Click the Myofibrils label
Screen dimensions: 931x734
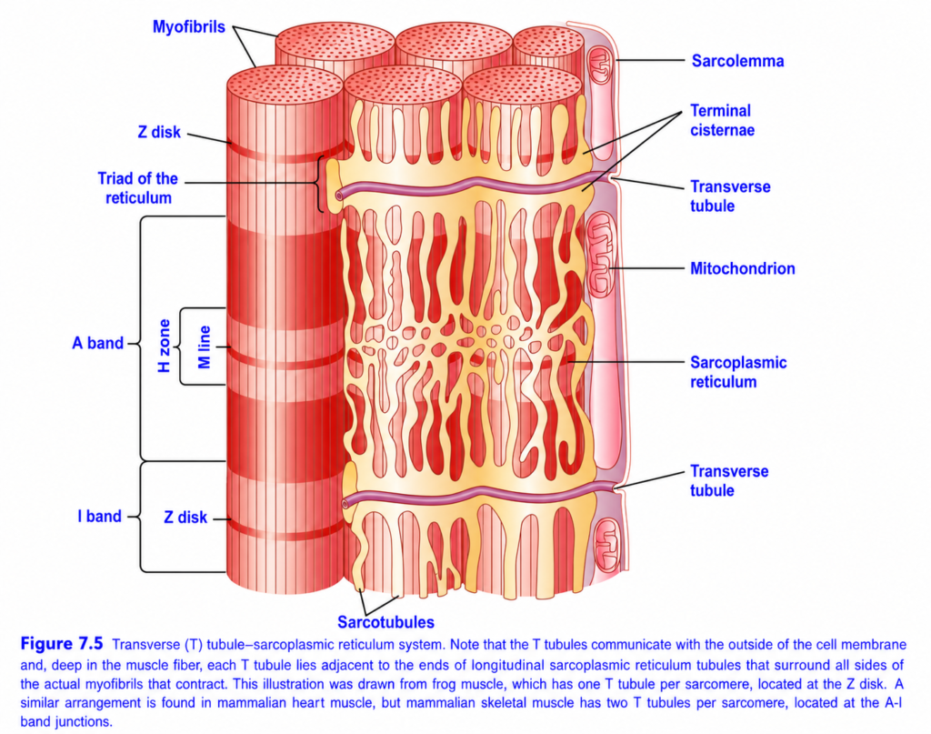point(189,27)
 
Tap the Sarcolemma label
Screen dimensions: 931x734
point(737,61)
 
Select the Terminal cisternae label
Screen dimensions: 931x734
point(722,121)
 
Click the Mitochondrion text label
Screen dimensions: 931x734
point(742,268)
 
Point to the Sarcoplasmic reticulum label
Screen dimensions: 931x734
point(738,372)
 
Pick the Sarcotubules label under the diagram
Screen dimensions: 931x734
point(385,622)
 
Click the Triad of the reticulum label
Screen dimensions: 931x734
point(138,188)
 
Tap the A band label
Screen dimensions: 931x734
point(98,343)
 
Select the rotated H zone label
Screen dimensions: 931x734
point(164,347)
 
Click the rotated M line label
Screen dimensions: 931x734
point(205,347)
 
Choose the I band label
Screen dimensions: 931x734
point(99,516)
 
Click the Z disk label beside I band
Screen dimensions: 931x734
point(185,518)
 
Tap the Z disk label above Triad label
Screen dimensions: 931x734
point(159,132)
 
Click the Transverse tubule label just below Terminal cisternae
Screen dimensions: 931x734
point(730,196)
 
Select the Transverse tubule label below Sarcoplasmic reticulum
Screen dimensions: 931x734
point(729,480)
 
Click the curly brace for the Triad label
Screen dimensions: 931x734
point(321,184)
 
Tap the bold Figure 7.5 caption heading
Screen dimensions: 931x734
point(62,644)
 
